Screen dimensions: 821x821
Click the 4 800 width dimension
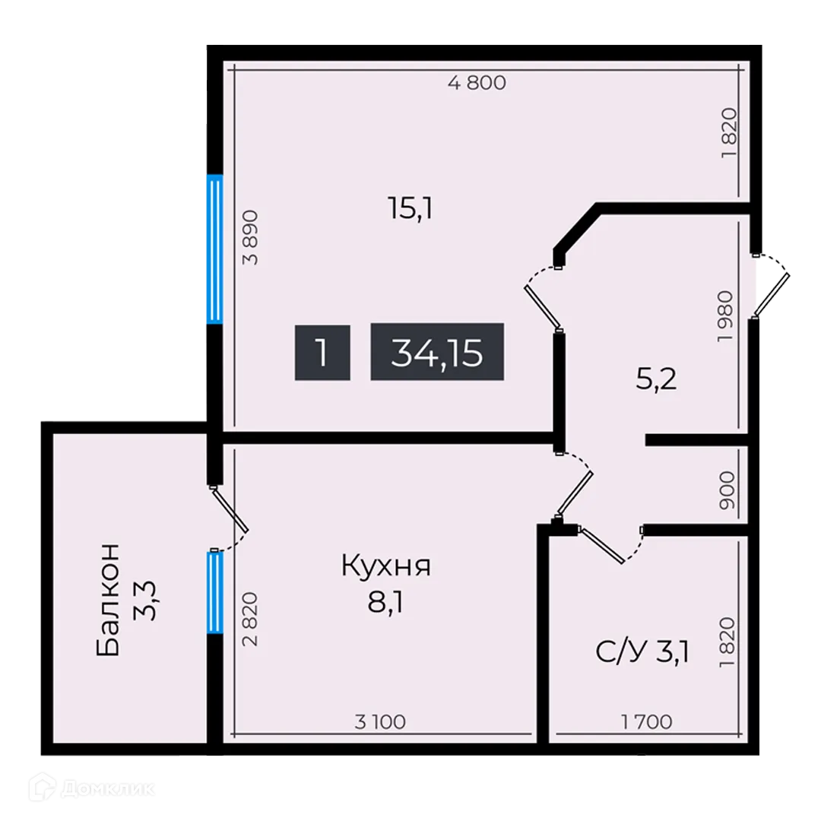[477, 84]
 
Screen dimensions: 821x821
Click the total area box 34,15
[437, 352]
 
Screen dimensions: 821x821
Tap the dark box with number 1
[322, 352]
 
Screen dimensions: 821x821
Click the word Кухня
[386, 566]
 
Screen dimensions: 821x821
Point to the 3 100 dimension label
[380, 721]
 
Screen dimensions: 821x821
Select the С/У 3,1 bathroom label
[642, 651]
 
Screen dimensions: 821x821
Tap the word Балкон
[109, 599]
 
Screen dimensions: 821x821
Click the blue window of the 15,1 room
[215, 249]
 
